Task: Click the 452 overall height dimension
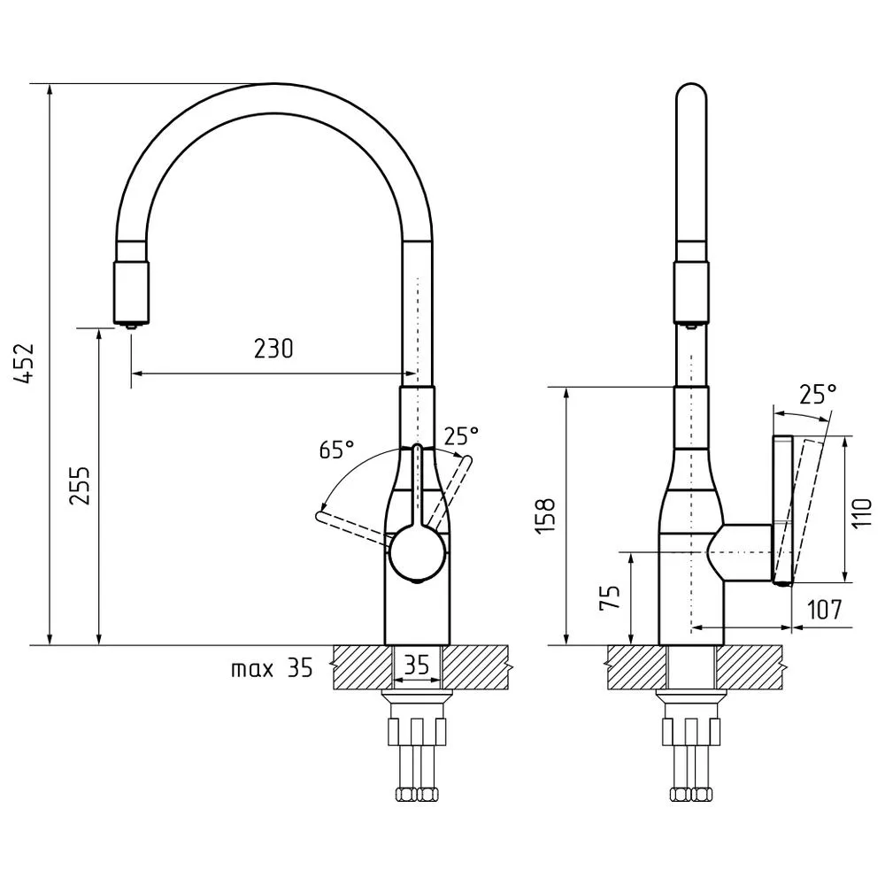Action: pos(26,363)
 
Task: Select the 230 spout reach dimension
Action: pos(273,349)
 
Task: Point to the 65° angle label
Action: pos(337,450)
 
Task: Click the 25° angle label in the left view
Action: pos(461,435)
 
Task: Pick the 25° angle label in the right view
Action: pos(818,394)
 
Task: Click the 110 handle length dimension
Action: pos(862,512)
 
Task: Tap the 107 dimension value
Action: pos(825,610)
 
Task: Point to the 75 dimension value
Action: pos(610,596)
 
